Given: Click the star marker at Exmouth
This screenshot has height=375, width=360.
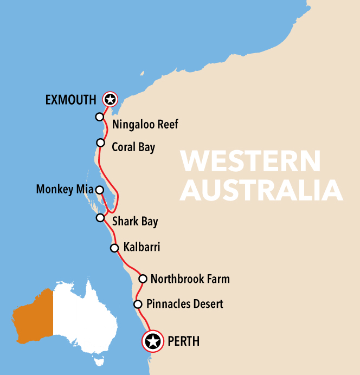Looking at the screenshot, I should [110, 99].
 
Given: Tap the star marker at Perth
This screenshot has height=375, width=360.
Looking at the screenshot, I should [153, 341].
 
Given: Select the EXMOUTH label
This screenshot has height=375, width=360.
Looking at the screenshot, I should [71, 99].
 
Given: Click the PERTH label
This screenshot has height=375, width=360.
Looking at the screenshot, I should [184, 341].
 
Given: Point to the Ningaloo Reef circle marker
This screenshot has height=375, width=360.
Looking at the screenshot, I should [99, 117].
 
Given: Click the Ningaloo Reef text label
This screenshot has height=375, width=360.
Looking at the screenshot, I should [145, 125].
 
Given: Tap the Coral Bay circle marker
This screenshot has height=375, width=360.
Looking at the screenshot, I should [100, 143].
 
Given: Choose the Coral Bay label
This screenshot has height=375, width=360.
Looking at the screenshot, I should [133, 147].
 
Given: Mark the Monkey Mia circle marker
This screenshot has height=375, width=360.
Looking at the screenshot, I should [99, 190].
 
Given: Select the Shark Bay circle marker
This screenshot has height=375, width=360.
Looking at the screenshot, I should [100, 217].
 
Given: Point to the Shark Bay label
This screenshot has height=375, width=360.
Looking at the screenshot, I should [135, 221].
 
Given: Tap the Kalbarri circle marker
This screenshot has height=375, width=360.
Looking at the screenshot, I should [114, 248].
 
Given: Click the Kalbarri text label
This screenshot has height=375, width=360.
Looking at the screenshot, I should [142, 248].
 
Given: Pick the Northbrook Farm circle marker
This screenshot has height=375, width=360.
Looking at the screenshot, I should [143, 279].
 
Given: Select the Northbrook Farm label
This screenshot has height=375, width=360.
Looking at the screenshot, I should [190, 279].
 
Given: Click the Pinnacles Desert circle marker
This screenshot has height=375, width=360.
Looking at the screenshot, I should [138, 304].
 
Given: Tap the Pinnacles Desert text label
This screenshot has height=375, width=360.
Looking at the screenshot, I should [185, 304].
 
